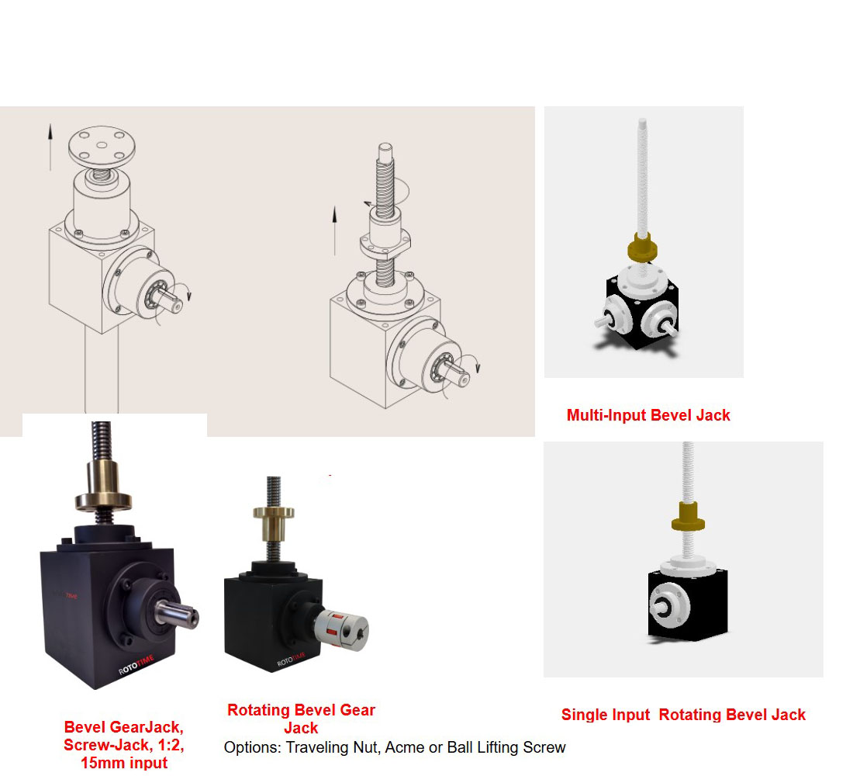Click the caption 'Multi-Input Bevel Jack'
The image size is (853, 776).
[648, 415]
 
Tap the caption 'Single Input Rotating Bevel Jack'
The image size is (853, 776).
[683, 715]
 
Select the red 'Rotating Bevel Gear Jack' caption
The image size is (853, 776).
[301, 719]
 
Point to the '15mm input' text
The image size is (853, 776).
[124, 763]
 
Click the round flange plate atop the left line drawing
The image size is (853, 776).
[102, 146]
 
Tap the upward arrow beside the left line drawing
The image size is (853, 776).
[50, 147]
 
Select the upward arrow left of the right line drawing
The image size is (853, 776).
[334, 230]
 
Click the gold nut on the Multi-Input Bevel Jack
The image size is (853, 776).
[643, 248]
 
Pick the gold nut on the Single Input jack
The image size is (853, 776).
[688, 517]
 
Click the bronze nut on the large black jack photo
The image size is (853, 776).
[103, 486]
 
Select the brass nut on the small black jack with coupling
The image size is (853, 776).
[274, 521]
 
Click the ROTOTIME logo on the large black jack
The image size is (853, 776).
[136, 665]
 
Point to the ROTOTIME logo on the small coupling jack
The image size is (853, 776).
[291, 659]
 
